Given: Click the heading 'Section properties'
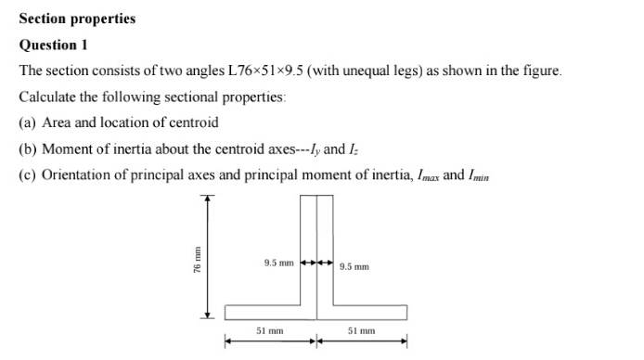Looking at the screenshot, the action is click(x=77, y=19).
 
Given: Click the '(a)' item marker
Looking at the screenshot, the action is click(x=29, y=122).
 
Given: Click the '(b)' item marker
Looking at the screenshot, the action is click(x=29, y=148).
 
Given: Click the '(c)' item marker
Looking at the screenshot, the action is click(x=29, y=174).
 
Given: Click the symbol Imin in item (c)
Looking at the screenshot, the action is click(x=483, y=175).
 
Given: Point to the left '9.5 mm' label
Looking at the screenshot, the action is click(x=278, y=264).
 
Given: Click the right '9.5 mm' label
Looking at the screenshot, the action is click(x=354, y=267).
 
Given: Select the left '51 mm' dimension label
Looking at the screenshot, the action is click(x=270, y=330).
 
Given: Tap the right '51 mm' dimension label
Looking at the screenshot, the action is click(x=362, y=330).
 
